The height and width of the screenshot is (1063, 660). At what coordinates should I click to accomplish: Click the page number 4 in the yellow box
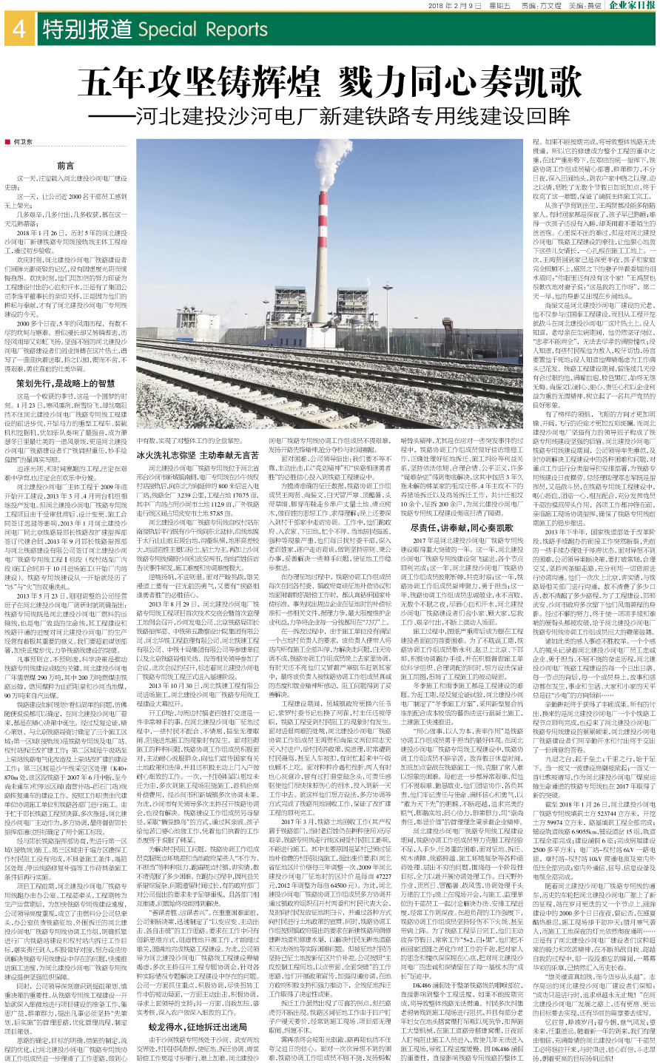click(19, 29)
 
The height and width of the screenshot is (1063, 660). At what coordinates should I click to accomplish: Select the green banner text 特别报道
click(87, 30)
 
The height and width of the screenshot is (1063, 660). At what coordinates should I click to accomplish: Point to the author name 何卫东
click(24, 140)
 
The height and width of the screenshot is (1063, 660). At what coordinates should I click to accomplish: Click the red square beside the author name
click(8, 140)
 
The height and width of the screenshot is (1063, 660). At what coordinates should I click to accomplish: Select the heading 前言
click(65, 166)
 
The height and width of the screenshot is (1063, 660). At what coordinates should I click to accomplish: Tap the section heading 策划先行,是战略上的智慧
click(65, 383)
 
